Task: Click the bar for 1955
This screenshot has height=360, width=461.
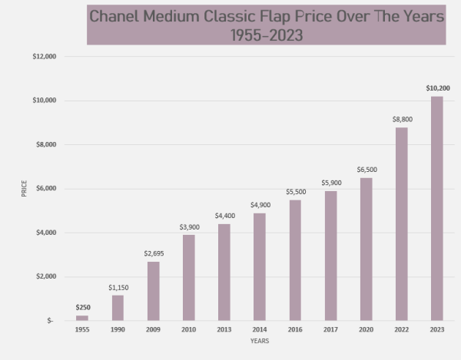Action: [x=82, y=318]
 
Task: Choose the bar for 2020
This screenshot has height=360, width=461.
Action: [x=366, y=249]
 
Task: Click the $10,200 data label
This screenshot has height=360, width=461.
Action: [x=437, y=88]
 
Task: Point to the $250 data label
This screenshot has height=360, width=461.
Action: [x=82, y=308]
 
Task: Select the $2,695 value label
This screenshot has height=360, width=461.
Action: [x=154, y=253]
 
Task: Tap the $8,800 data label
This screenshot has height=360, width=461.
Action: [x=402, y=119]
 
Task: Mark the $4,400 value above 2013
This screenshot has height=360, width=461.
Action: [x=224, y=216]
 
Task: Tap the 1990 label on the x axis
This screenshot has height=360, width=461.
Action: [x=118, y=329]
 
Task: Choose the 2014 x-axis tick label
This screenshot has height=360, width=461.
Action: [x=260, y=329]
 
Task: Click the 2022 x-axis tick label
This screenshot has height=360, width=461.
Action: [x=401, y=329]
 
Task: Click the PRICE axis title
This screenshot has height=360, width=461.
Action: [x=24, y=188]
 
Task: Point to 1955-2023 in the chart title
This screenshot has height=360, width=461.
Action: [x=267, y=36]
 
